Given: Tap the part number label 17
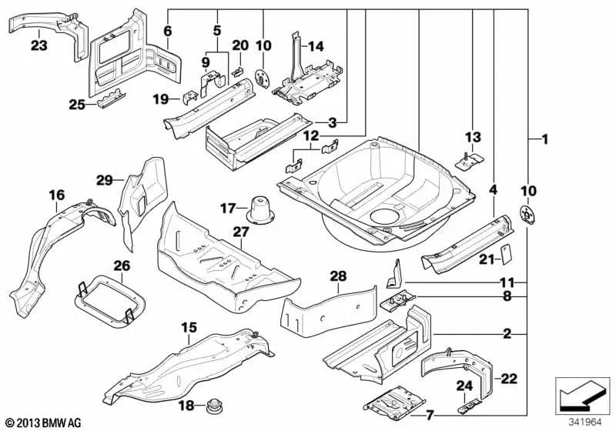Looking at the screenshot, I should tap(228, 208).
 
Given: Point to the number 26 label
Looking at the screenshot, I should tap(122, 266).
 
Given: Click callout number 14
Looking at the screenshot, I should tap(316, 46).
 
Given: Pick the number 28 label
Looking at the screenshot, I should tap(339, 276).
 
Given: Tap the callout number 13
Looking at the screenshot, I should tap(472, 137).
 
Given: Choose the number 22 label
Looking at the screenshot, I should tap(510, 377).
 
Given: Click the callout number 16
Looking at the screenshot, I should tap(57, 195).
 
